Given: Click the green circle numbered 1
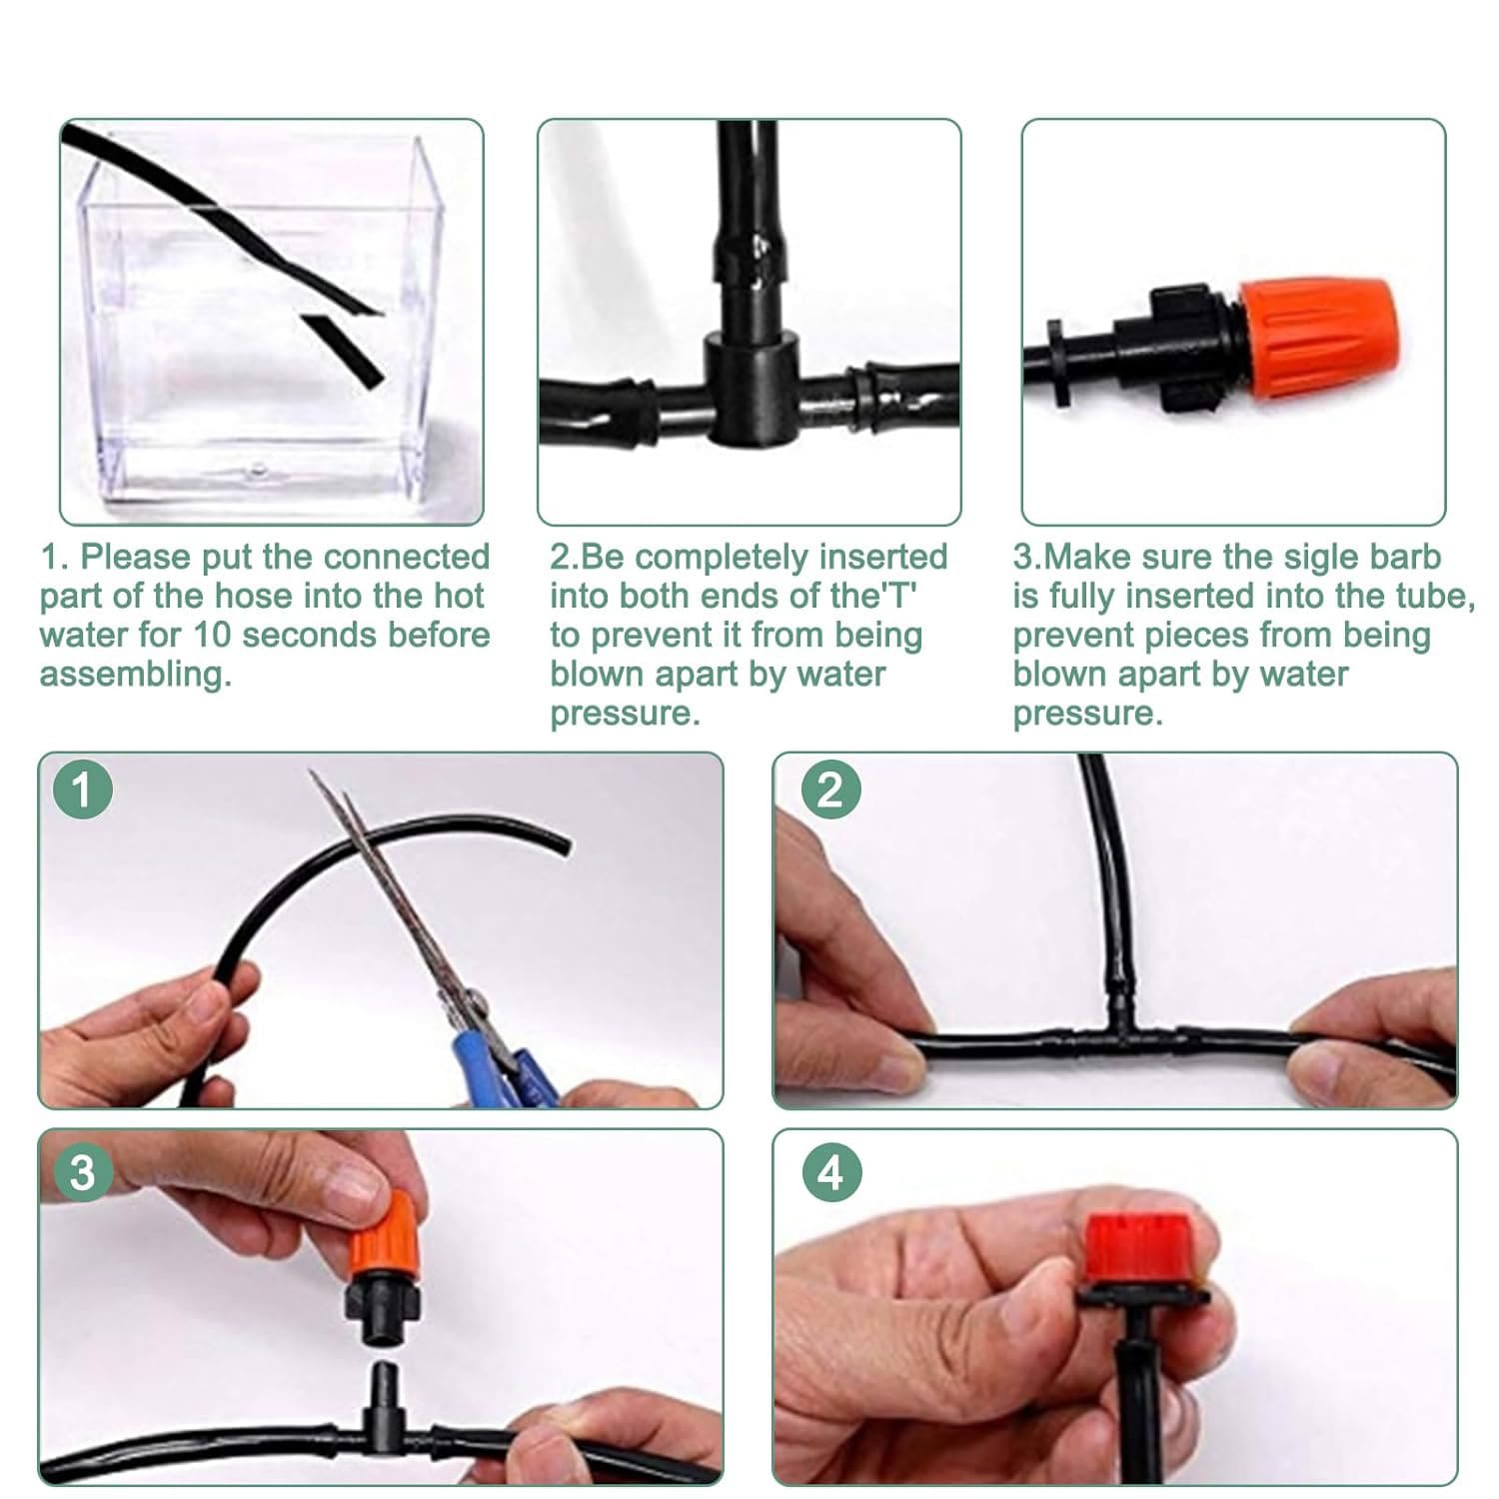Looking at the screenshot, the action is (83, 789).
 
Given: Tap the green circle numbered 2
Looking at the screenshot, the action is (831, 789).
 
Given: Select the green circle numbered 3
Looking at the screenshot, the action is (83, 1171).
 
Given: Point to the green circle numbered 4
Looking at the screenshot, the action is (831, 1171).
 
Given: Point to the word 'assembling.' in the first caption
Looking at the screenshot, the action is (136, 676).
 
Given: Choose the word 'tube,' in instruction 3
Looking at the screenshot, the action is (1434, 597).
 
